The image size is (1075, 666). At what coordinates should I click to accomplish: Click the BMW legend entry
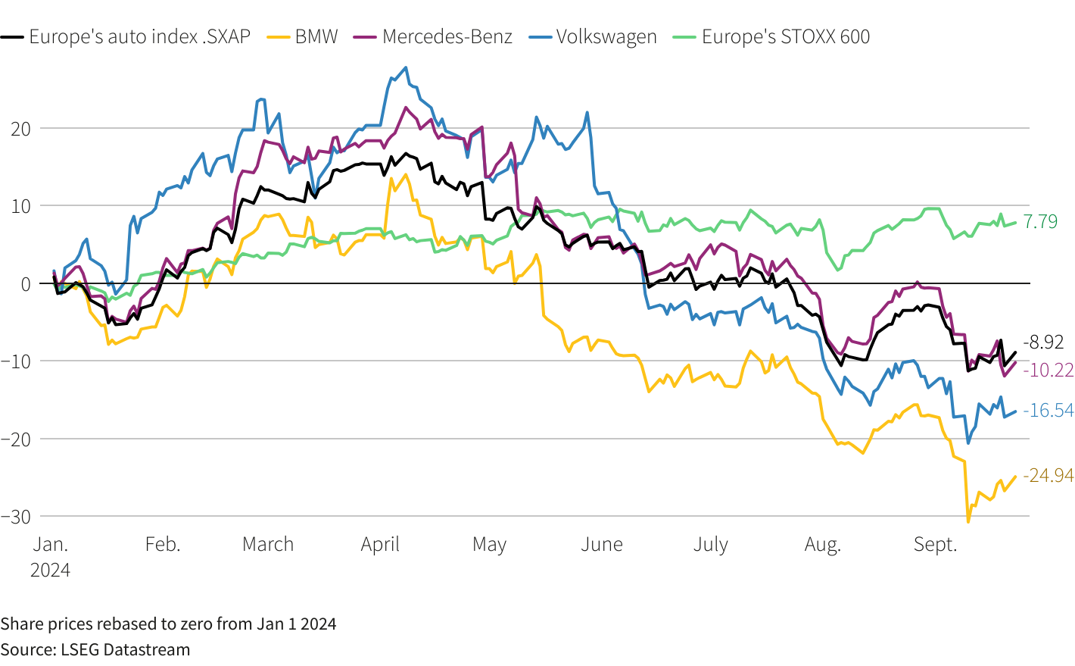(302, 36)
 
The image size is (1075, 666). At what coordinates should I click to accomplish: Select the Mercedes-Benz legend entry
(433, 36)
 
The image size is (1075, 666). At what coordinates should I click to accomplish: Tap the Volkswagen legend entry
(593, 36)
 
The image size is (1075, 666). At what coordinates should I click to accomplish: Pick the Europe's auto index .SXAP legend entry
(125, 36)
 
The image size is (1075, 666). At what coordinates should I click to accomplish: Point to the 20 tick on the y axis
(20, 129)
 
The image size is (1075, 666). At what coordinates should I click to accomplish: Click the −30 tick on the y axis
(16, 517)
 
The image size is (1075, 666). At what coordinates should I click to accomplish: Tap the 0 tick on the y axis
(26, 284)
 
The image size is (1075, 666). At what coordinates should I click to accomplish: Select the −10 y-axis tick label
(16, 361)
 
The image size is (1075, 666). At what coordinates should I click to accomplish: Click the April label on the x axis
(380, 545)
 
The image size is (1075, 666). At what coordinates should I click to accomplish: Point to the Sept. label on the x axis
(935, 545)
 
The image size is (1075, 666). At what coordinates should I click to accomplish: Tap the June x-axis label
(602, 545)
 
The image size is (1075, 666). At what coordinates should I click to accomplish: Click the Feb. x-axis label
(163, 545)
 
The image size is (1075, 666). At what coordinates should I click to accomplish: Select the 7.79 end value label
(1040, 221)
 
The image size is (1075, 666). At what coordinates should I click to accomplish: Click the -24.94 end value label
(1048, 475)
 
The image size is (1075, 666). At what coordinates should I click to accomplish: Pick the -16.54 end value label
(1048, 411)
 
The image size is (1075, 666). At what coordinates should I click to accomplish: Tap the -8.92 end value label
(1043, 342)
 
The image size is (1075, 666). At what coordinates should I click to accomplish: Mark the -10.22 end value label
(1048, 371)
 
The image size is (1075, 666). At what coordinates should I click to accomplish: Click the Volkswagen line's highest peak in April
(407, 67)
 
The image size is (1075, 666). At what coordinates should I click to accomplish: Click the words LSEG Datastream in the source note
(125, 649)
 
